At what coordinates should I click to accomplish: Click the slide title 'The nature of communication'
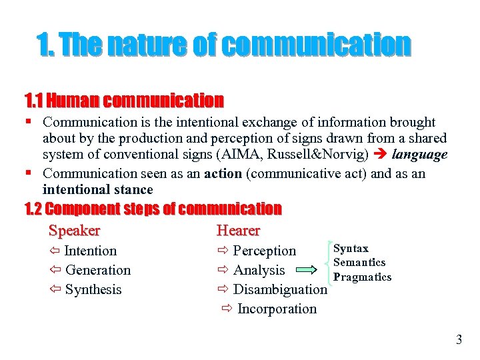click(x=224, y=45)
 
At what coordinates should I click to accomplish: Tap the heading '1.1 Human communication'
click(x=124, y=101)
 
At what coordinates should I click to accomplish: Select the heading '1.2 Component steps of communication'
click(x=153, y=209)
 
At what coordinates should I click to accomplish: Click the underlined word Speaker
click(x=74, y=231)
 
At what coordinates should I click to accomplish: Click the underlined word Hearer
click(x=238, y=231)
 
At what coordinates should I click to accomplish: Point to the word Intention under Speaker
click(x=90, y=251)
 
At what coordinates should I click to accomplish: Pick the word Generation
click(x=98, y=270)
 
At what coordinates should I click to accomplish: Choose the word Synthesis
click(x=93, y=289)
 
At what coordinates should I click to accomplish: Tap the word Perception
click(x=264, y=251)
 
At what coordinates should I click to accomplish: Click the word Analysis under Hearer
click(x=259, y=270)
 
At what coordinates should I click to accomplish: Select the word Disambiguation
click(x=280, y=289)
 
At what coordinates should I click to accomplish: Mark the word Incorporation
click(x=277, y=309)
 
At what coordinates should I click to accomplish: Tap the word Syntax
click(x=351, y=248)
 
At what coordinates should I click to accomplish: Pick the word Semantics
click(x=359, y=262)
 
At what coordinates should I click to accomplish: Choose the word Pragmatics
click(x=362, y=277)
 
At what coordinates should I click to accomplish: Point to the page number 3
click(x=459, y=340)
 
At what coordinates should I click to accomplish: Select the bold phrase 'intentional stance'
click(x=97, y=190)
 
